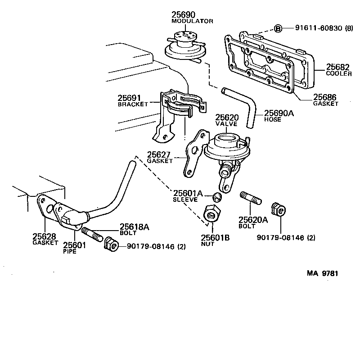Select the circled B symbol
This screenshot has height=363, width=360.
pyautogui.click(x=278, y=28)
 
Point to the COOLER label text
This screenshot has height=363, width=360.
pyautogui.click(x=339, y=74)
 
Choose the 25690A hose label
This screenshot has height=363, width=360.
pyautogui.click(x=279, y=113)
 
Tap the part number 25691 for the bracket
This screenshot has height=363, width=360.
pyautogui.click(x=130, y=98)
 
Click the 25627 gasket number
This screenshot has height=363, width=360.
pyautogui.click(x=159, y=155)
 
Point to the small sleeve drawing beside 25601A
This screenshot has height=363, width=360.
pyautogui.click(x=217, y=196)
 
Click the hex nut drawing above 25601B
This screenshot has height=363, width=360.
pyautogui.click(x=211, y=213)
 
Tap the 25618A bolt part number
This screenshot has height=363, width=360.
pyautogui.click(x=134, y=227)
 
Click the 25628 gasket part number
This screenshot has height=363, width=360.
pyautogui.click(x=45, y=236)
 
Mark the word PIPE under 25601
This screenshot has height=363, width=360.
pyautogui.click(x=69, y=251)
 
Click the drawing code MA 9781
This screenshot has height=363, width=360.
pyautogui.click(x=322, y=273)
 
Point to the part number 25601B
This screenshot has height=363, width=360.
pyautogui.click(x=215, y=238)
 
